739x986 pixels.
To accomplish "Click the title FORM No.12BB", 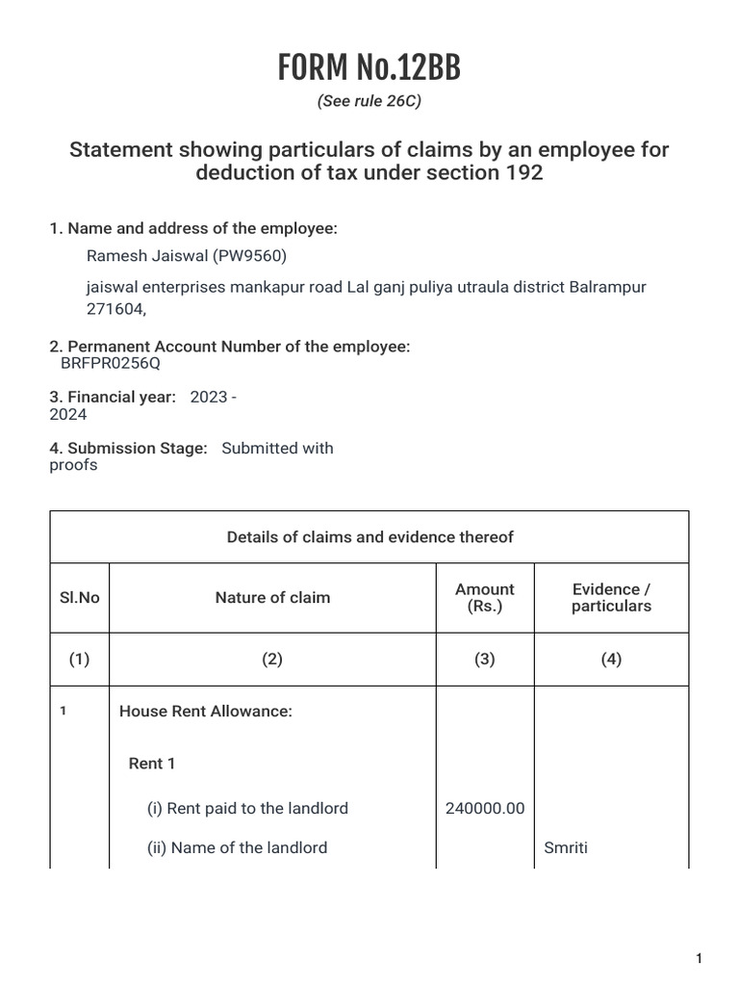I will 369,68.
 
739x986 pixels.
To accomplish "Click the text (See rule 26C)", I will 369,101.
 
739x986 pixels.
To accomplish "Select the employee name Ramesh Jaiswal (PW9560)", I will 187,255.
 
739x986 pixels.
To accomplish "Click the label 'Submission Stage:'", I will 128,448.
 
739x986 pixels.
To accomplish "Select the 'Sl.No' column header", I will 80,598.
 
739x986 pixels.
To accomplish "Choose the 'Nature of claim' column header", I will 272,598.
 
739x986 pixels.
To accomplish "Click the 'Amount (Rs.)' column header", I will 485,598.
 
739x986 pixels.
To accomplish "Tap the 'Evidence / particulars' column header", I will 611,598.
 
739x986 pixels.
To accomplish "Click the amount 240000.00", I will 485,809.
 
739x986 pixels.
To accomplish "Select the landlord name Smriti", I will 566,848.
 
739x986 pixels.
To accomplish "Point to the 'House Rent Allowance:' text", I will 205,712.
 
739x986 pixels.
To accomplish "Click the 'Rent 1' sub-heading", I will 152,764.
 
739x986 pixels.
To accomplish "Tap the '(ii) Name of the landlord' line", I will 237,848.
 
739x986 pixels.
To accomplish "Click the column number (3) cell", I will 485,660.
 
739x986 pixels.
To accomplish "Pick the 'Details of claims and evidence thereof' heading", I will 369,537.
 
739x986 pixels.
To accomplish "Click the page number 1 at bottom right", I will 700,958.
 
